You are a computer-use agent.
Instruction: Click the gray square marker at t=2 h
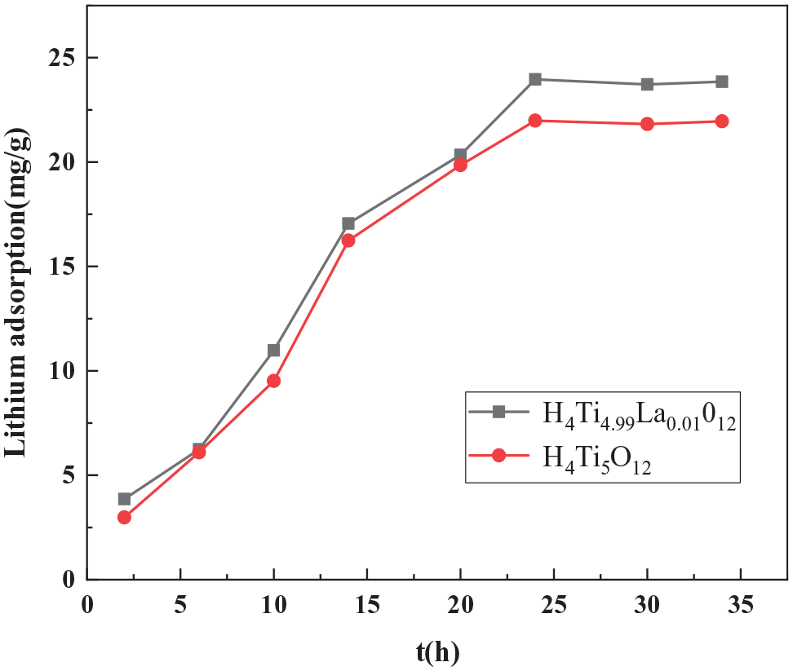[x=124, y=499]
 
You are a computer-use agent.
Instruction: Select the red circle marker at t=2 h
[x=124, y=517]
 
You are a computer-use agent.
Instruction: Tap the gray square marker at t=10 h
[x=273, y=350]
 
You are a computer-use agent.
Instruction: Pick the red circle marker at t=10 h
[x=273, y=381]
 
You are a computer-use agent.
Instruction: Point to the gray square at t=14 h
[x=348, y=223]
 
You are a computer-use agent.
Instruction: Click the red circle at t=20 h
[x=460, y=165]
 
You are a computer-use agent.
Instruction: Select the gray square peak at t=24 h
[x=535, y=79]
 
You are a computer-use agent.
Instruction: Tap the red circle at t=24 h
[x=535, y=121]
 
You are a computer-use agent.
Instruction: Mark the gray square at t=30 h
[x=647, y=84]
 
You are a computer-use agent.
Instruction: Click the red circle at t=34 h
[x=721, y=121]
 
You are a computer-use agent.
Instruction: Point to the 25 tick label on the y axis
[x=60, y=58]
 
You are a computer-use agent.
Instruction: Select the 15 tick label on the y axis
[x=60, y=267]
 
